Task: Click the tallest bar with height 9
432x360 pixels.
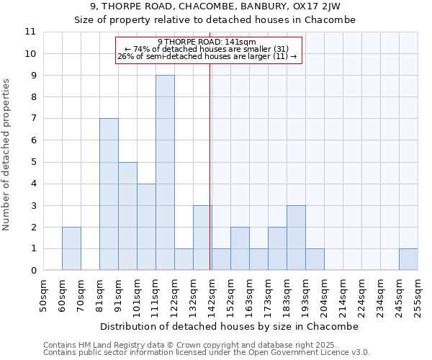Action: click(x=165, y=173)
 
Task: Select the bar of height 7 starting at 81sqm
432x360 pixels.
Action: click(x=109, y=194)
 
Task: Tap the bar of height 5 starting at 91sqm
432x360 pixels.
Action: click(x=127, y=216)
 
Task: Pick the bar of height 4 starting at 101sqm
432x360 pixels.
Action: click(x=146, y=227)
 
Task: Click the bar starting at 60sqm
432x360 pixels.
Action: click(x=71, y=248)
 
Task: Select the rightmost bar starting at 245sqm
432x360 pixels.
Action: click(x=408, y=259)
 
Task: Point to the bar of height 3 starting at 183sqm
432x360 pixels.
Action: click(x=296, y=238)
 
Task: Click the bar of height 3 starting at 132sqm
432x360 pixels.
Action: click(x=202, y=238)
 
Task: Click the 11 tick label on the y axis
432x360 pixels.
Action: click(x=30, y=32)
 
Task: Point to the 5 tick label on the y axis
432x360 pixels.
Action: click(x=33, y=162)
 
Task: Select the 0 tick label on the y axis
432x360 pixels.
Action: click(x=33, y=271)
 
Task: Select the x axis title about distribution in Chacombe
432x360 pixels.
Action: click(x=228, y=326)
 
